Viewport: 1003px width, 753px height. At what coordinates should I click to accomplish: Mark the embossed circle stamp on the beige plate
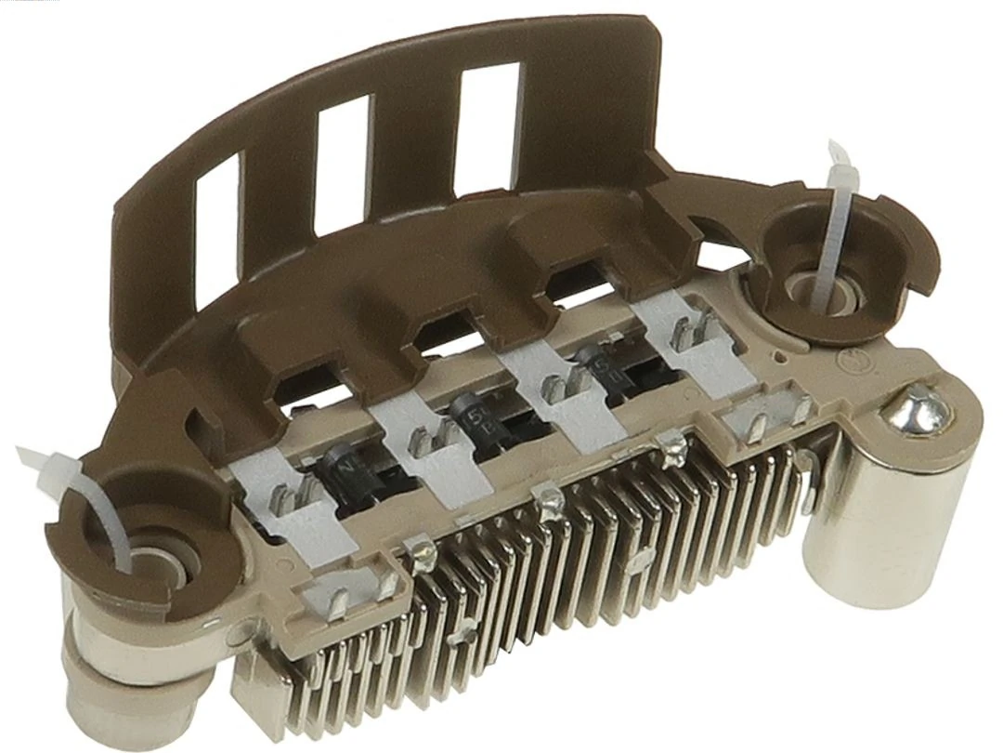point(847,359)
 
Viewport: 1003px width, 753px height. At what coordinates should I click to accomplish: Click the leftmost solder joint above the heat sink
point(423,556)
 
